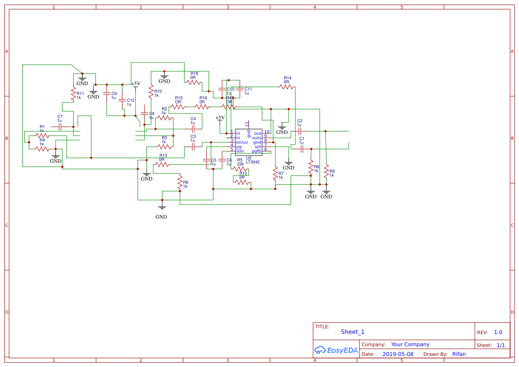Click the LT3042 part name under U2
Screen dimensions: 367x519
(253, 162)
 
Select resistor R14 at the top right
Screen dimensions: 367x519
(287, 87)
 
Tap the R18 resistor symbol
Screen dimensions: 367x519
(194, 82)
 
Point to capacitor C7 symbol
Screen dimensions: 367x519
(59, 126)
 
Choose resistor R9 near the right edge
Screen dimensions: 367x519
(326, 171)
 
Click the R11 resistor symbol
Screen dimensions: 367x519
(73, 94)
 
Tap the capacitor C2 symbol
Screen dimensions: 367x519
(300, 131)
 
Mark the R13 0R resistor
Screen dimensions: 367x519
(162, 164)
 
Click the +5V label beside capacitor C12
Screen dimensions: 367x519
(135, 83)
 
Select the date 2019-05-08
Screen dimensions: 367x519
(397, 354)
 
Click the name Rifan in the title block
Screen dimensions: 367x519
(459, 354)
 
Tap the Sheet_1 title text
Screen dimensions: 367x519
(353, 332)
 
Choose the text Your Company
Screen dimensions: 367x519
(410, 344)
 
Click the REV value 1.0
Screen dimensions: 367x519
(498, 332)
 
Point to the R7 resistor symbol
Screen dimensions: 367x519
(275, 171)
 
